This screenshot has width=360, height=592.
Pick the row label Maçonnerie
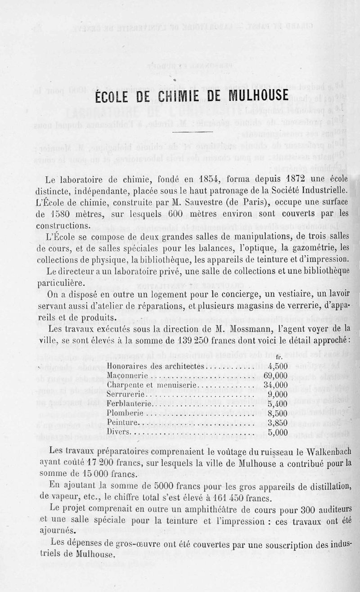click(x=127, y=376)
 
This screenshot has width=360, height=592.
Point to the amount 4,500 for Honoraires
click(x=277, y=366)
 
